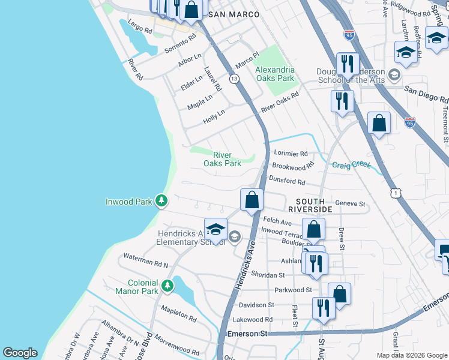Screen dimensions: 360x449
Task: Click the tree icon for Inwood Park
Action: (161, 201)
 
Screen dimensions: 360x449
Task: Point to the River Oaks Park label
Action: (222, 159)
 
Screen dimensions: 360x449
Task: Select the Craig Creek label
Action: (352, 164)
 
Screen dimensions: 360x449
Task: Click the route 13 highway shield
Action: (234, 79)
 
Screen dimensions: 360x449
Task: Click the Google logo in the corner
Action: (20, 353)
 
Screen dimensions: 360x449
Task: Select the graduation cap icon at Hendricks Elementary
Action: (215, 229)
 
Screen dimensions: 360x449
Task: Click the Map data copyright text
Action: (412, 355)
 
